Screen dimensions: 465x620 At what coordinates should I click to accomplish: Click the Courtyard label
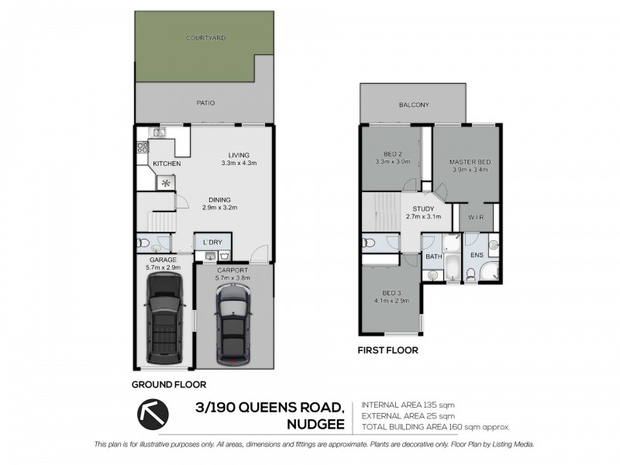(x=205, y=37)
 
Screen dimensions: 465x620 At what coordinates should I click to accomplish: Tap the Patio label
(x=205, y=102)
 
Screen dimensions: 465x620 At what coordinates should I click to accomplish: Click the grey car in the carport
(x=233, y=322)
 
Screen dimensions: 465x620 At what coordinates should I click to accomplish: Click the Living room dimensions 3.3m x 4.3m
(x=238, y=163)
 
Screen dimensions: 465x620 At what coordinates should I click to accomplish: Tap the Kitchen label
(x=167, y=164)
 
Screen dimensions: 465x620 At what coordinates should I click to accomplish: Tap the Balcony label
(x=414, y=105)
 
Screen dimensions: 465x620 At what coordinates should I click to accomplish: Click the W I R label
(x=476, y=218)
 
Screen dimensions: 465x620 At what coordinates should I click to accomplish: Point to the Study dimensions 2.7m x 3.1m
(x=424, y=216)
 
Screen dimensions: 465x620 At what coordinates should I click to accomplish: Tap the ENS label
(x=477, y=254)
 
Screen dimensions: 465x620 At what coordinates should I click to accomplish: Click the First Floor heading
(x=387, y=350)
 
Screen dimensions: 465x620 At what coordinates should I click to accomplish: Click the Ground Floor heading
(x=168, y=384)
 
